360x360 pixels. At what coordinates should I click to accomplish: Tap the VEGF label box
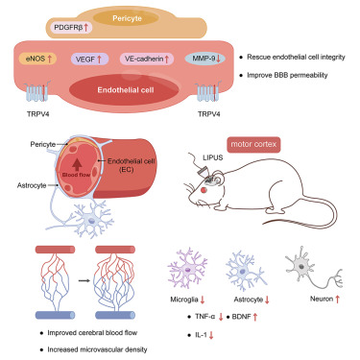(93, 59)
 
